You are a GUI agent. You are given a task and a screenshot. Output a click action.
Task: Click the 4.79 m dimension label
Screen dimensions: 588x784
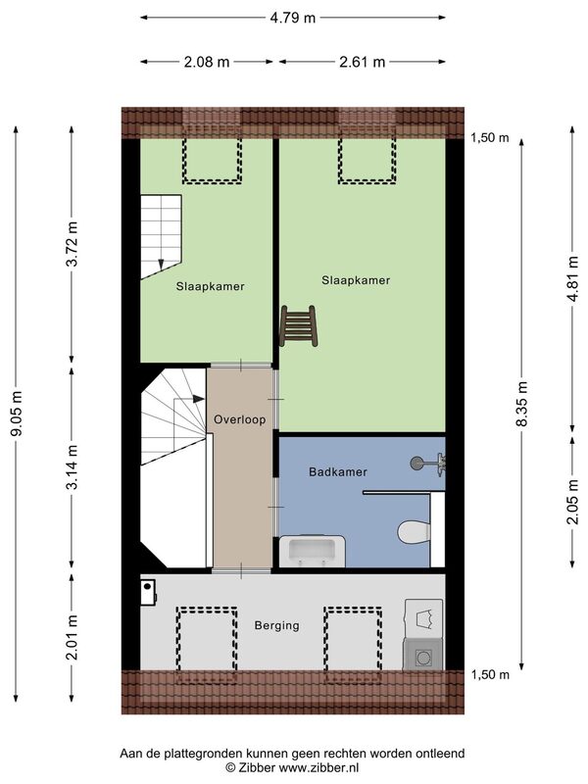coord(292,18)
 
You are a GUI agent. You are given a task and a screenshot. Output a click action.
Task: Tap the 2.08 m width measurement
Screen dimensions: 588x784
coord(207,62)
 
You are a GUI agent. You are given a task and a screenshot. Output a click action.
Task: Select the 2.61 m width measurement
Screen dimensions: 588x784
coord(362,62)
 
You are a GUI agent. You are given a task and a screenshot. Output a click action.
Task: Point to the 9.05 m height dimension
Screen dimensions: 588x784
coord(17,413)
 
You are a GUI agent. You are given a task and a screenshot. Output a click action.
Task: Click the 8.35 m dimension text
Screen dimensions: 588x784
coord(521,404)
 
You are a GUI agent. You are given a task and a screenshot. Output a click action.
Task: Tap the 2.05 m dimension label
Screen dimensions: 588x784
coord(572,502)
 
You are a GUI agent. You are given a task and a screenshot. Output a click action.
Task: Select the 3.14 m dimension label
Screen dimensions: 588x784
coord(73,466)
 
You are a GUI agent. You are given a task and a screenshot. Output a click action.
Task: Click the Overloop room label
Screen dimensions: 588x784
coord(240,419)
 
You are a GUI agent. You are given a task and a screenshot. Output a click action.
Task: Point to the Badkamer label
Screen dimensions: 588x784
coord(338,471)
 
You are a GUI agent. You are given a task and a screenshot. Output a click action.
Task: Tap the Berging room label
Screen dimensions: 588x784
coord(277,625)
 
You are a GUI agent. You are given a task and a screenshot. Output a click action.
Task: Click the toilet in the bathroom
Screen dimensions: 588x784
coord(414,531)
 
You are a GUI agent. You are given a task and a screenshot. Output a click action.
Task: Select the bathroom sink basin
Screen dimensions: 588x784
coord(313,551)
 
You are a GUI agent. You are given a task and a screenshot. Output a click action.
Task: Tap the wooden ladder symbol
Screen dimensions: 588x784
coord(299,326)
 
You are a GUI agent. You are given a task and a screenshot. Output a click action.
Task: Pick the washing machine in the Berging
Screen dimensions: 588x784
coord(423,655)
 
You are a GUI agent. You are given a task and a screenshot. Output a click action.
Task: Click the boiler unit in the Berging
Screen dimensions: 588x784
coord(149,593)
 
